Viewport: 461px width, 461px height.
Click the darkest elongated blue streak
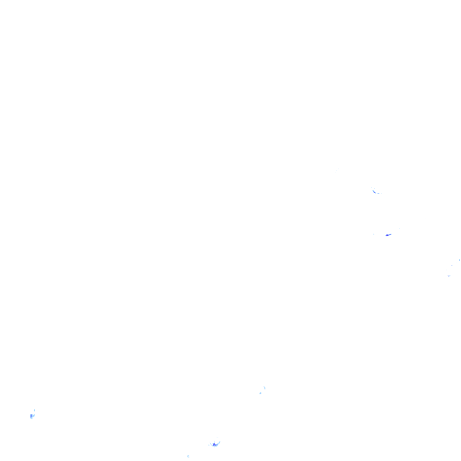point(388,235)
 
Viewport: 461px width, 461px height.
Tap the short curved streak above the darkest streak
point(374,192)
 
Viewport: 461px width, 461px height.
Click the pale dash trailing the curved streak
point(379,193)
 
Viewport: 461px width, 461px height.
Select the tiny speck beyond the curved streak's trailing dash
point(382,194)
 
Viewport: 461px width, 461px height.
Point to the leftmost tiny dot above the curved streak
point(371,187)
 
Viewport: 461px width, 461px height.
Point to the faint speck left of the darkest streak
point(374,234)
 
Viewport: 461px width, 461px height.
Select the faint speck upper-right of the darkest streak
point(399,228)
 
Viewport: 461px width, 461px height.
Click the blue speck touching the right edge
point(459,260)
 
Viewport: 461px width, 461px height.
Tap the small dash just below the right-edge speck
point(452,265)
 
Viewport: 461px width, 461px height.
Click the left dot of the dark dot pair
point(448,276)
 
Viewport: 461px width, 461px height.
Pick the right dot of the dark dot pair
point(450,276)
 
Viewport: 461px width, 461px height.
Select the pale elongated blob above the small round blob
point(264,388)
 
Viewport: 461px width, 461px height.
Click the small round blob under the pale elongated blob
point(260,393)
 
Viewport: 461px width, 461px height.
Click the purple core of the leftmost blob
point(31,416)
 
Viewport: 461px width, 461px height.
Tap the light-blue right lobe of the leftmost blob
point(34,415)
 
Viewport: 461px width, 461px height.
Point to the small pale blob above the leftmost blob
point(34,410)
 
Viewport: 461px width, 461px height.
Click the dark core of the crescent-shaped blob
point(214,445)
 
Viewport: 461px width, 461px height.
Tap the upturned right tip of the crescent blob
point(219,442)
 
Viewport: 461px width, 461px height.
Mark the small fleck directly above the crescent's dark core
point(215,440)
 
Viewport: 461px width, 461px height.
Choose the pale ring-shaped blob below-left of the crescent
point(188,456)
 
